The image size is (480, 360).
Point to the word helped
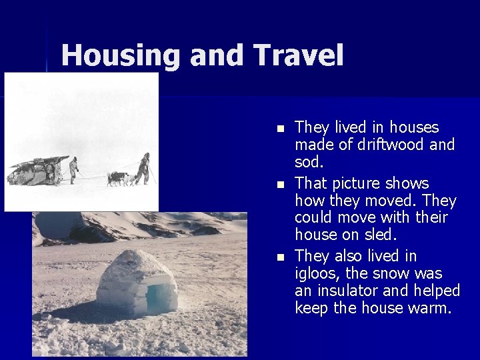[x=437, y=291]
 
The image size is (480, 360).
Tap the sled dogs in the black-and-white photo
[x=119, y=178]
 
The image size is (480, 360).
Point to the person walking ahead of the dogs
[x=143, y=169]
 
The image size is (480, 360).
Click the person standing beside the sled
[x=73, y=169]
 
